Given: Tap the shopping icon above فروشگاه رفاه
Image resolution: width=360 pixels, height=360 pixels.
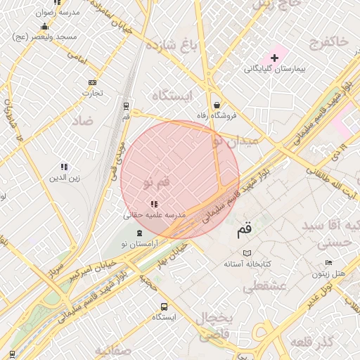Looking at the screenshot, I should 216,103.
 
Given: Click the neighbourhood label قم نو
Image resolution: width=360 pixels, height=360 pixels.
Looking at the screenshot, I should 157,183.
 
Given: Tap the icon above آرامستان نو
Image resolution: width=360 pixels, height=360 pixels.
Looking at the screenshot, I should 139,233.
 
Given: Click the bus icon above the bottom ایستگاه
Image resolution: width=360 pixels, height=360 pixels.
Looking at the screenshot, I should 164,307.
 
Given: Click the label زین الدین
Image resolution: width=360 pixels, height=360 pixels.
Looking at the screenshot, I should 63,179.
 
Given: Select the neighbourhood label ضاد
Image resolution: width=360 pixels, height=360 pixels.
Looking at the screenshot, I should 82,121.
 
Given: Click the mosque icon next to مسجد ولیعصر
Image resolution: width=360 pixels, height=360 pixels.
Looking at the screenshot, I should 45,27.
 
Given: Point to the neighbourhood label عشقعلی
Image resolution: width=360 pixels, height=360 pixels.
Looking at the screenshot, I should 263,287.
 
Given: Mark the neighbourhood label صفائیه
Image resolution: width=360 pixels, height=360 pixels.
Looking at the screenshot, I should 113,350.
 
